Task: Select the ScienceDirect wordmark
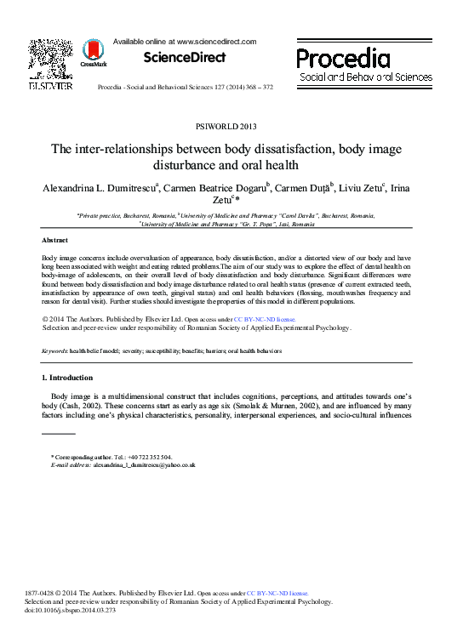click(x=185, y=58)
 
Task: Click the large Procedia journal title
click(x=344, y=58)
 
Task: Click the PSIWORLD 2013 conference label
click(x=231, y=126)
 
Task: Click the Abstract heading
click(x=55, y=241)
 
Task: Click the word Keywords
click(x=56, y=350)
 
